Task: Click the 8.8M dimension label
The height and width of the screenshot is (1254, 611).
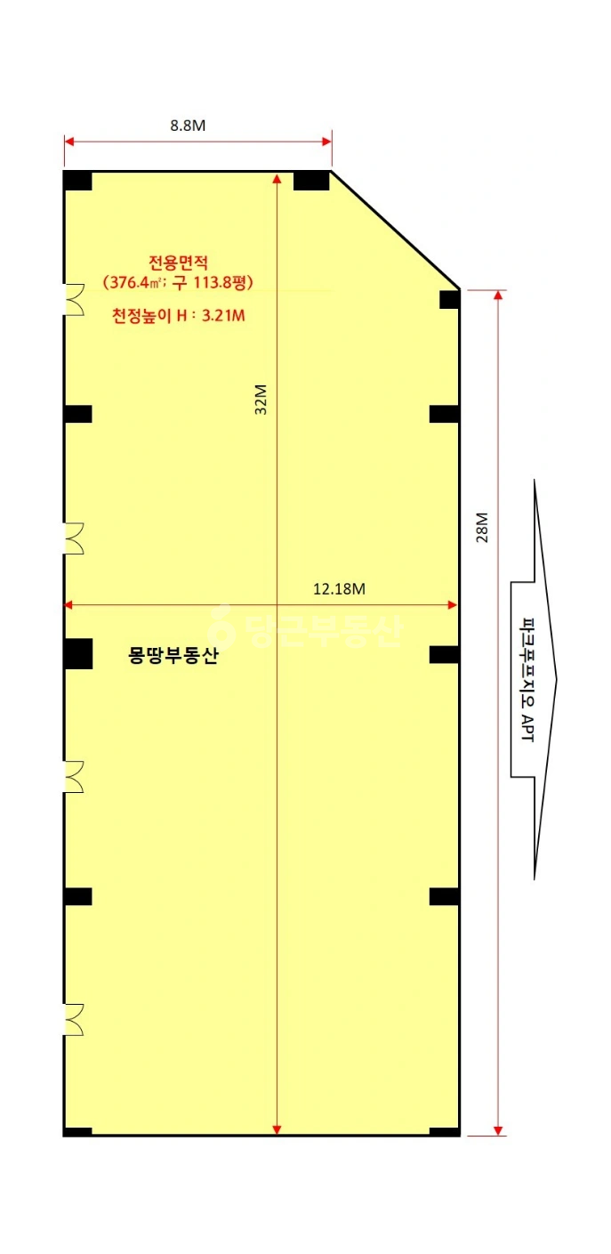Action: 188,125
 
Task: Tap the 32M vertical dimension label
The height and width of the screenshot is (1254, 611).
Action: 261,399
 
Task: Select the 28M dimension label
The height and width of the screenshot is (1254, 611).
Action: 482,528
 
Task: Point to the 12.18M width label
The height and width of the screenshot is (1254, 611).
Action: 339,589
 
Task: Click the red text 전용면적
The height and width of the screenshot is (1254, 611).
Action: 179,263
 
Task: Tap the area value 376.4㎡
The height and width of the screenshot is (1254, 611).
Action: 135,282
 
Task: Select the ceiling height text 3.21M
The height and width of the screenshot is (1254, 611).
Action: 223,316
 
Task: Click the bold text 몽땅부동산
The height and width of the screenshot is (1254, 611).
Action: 173,655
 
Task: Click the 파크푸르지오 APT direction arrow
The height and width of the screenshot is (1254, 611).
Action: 534,680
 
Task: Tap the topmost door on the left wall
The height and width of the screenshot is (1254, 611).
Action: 74,300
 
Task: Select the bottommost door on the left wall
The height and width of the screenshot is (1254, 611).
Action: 74,1020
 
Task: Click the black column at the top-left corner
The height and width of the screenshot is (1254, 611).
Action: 77,181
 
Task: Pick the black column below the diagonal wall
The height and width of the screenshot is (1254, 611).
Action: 449,300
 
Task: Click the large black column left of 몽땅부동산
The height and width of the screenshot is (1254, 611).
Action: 77,654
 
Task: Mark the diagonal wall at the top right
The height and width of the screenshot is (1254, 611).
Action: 395,230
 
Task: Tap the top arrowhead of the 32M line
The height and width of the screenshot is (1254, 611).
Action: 277,178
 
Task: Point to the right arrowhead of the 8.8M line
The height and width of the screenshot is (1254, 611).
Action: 326,142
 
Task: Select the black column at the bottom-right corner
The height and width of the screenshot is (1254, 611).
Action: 445,1131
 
